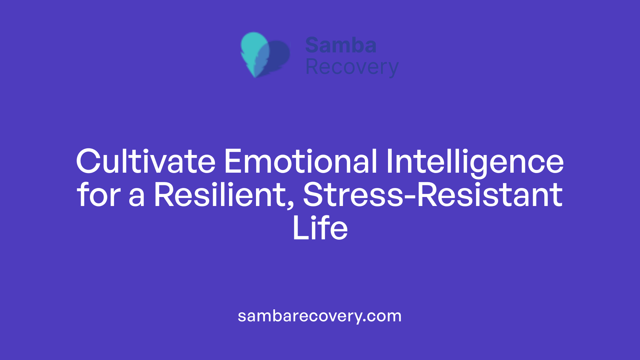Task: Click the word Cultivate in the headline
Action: (146, 162)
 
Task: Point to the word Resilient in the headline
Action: (220, 195)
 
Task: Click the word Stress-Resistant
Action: (433, 195)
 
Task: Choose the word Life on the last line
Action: (320, 228)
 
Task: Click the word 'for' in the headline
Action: (99, 195)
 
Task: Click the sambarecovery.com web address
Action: (320, 316)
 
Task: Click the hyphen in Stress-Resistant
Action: (410, 197)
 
